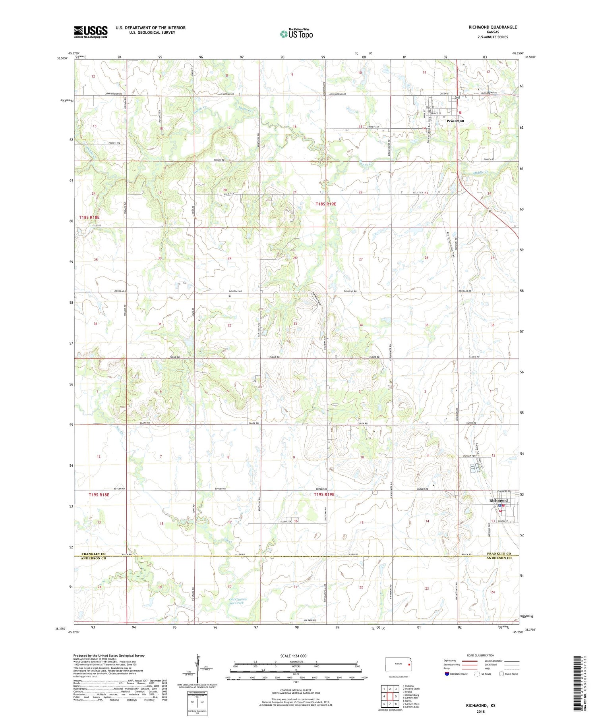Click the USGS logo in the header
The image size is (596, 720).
click(91, 32)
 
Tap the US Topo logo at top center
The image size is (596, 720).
click(296, 34)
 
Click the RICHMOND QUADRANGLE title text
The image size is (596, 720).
click(493, 27)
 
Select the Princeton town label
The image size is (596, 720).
click(455, 121)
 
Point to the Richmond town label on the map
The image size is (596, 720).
click(498, 500)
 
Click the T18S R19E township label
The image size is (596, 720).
click(326, 204)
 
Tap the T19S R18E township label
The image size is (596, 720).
click(99, 495)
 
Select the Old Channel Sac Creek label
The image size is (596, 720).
click(238, 601)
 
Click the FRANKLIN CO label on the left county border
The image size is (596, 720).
click(93, 554)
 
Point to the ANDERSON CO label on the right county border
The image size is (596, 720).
click(503, 558)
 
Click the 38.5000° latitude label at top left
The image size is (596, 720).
click(62, 58)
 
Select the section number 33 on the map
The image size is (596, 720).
click(295, 324)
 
